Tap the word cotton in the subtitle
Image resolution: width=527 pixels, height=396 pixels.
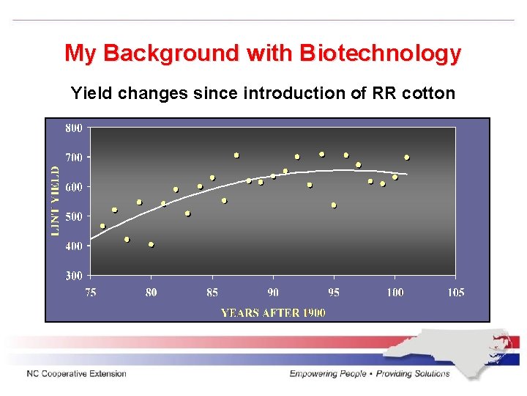click(428, 93)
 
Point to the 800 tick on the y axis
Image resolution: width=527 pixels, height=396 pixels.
click(74, 128)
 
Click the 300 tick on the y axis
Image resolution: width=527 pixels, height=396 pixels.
click(74, 276)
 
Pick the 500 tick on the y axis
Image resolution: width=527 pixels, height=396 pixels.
click(74, 216)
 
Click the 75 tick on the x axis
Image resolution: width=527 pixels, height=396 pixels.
click(90, 293)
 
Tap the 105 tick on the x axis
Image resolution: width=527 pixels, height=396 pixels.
click(455, 293)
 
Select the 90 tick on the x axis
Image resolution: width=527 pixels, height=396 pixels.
click(273, 293)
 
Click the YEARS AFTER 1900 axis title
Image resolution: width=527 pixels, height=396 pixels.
click(273, 312)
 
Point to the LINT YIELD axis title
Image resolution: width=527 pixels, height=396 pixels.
click(55, 199)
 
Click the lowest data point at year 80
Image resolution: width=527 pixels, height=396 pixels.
click(151, 245)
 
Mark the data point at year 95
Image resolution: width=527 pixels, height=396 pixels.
click(334, 205)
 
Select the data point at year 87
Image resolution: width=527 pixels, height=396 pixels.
click(236, 155)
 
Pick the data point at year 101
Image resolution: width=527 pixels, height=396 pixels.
click(407, 158)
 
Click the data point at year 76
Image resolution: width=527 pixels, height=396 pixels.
click(102, 226)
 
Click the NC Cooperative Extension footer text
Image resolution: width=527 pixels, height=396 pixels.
click(77, 374)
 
